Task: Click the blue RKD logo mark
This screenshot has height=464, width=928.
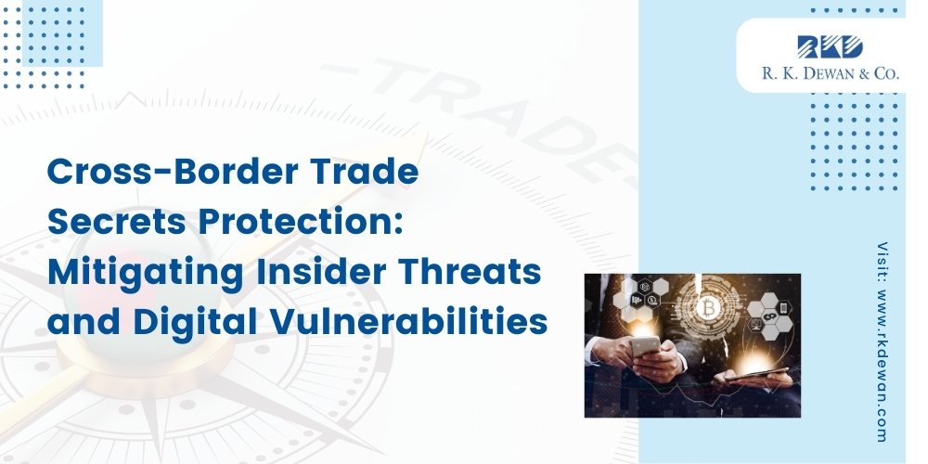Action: (830, 47)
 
